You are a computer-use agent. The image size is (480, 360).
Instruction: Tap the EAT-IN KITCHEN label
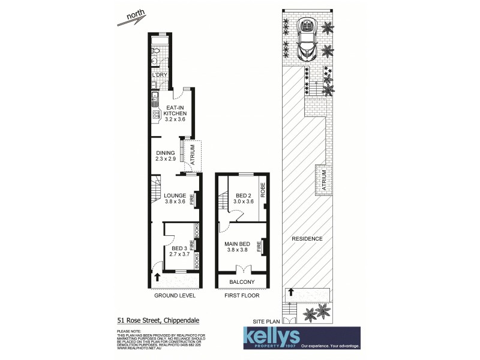coord(176,113)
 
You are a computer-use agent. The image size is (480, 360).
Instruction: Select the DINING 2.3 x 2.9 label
coord(165,156)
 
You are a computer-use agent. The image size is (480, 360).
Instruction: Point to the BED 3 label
coord(179,251)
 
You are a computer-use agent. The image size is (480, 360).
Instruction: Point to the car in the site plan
coord(308,40)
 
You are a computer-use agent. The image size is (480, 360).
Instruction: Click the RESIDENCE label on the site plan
coord(307,239)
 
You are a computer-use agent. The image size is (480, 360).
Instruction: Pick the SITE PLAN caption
coord(266,322)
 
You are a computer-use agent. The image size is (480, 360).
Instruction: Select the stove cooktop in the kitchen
coord(155,115)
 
